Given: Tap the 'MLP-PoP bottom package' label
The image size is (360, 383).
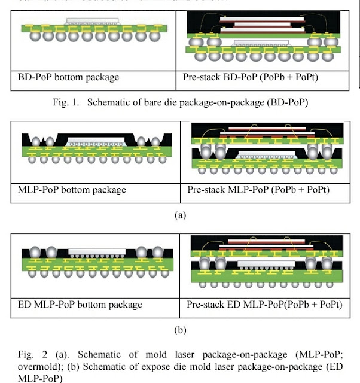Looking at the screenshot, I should click(72, 190).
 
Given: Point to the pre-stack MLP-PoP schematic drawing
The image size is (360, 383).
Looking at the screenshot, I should click(265, 150).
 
